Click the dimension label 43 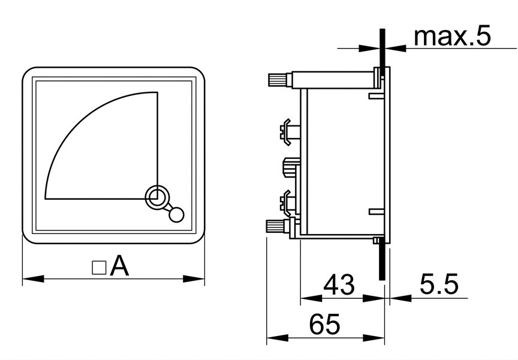[339, 284]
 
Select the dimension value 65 [324, 323]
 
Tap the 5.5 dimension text [439, 284]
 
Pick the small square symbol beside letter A [99, 268]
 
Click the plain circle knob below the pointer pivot [176, 215]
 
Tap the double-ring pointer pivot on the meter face [155, 197]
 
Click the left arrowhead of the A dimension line [33, 278]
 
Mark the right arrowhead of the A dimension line [194, 278]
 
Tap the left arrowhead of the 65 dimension [278, 338]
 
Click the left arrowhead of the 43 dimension [312, 298]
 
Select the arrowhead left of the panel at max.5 [369, 48]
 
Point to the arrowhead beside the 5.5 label [400, 298]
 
